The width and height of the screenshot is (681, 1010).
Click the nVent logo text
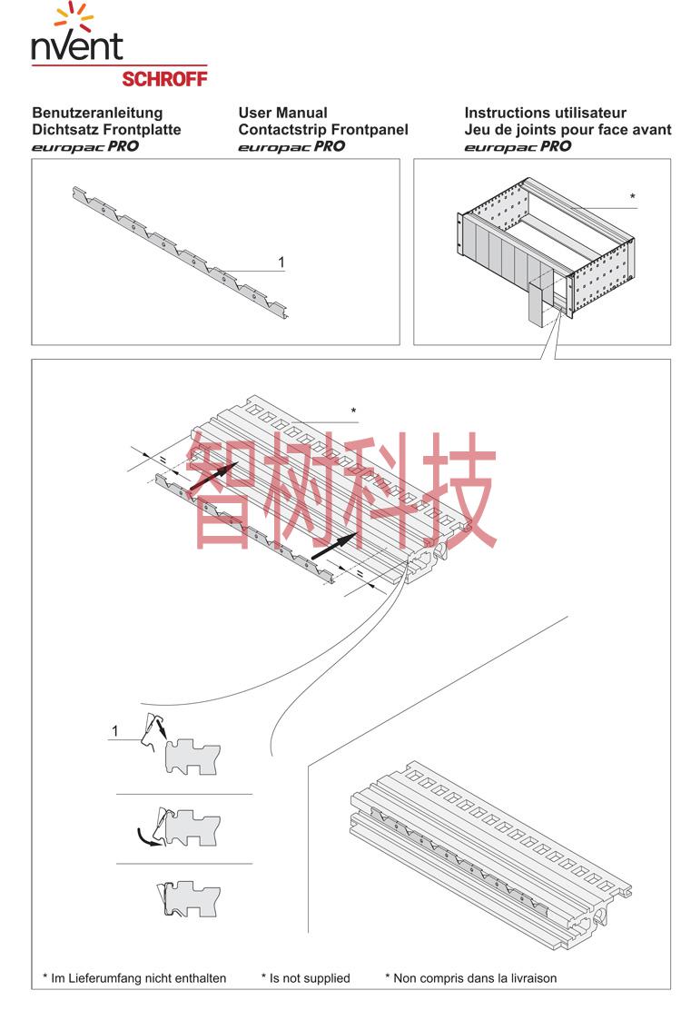click(76, 45)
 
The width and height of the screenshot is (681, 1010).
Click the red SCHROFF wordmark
click(164, 79)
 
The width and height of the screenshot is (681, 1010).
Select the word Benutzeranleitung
click(97, 114)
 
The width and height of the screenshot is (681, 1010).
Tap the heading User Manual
click(282, 113)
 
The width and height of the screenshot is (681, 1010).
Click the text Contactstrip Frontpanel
click(323, 130)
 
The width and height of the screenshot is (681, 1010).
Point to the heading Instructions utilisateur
click(545, 113)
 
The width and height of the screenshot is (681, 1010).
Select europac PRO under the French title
click(518, 146)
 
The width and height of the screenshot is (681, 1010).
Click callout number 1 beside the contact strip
click(281, 262)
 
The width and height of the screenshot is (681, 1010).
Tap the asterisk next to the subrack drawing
click(633, 196)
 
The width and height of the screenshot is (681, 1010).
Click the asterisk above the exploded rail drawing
click(353, 411)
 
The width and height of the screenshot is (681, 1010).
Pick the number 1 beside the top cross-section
click(115, 730)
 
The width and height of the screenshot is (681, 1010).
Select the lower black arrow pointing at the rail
click(334, 545)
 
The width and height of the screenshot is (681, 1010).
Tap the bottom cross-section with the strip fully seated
click(188, 898)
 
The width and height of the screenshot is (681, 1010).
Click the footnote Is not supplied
click(306, 978)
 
